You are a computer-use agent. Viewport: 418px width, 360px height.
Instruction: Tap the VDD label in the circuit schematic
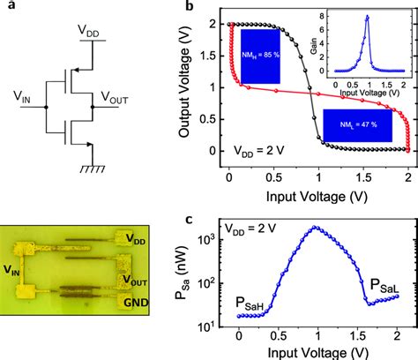pyautogui.click(x=88, y=31)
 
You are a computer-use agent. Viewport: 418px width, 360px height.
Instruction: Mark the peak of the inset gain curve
pyautogui.click(x=367, y=17)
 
